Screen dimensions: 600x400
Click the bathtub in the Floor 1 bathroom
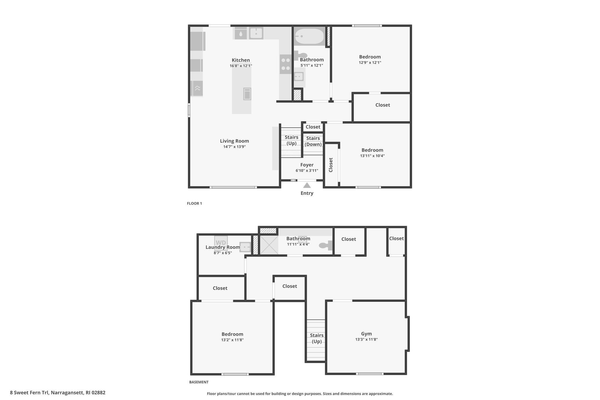[309, 36]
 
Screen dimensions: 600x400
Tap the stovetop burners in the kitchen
[285, 64]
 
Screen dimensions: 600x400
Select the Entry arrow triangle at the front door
[307, 185]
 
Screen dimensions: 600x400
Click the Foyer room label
[307, 165]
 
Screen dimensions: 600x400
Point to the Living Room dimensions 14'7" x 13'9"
[234, 147]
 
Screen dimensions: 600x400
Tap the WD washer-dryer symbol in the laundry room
[221, 243]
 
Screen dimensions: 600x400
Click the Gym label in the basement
[367, 334]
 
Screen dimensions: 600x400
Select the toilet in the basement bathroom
[326, 245]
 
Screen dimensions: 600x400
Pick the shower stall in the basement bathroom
[269, 245]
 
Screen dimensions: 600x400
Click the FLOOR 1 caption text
[195, 203]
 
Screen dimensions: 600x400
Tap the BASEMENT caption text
[199, 382]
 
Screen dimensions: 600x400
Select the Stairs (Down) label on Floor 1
[313, 141]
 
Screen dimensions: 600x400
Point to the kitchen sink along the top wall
[256, 33]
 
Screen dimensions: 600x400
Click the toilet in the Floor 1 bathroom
[301, 55]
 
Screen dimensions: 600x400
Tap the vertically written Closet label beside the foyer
[331, 165]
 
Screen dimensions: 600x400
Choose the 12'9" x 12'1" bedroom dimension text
[370, 63]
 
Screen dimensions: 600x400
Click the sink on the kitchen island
[247, 94]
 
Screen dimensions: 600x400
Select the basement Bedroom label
[232, 334]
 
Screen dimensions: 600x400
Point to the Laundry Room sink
[245, 247]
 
